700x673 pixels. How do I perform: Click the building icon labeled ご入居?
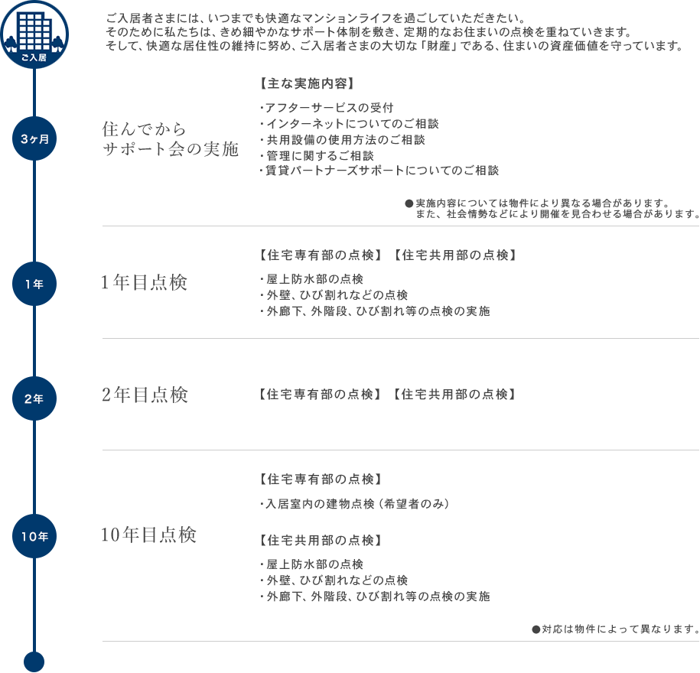tap(34, 34)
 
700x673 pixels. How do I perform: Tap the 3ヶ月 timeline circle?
tap(34, 138)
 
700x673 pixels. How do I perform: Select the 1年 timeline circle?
tap(34, 284)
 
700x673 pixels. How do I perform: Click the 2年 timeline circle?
tap(34, 398)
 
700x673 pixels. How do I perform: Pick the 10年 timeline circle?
tap(34, 536)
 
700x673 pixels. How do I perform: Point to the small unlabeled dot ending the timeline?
tap(34, 662)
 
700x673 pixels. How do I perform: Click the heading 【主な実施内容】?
tap(307, 83)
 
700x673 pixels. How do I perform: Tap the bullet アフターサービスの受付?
tap(327, 108)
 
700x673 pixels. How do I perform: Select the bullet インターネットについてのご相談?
tap(349, 124)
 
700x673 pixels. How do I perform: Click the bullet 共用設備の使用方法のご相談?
tap(342, 140)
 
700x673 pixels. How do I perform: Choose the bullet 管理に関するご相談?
tap(317, 156)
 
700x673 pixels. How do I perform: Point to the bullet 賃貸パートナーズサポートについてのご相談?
tap(379, 171)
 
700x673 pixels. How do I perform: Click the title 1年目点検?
tap(144, 282)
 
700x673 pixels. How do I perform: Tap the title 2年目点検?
tap(145, 395)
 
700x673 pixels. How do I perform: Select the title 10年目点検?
tap(148, 535)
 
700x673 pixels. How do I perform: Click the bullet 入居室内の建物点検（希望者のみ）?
tap(354, 504)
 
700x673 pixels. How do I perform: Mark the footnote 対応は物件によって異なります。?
tap(616, 629)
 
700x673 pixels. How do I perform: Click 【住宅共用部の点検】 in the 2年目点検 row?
tap(454, 394)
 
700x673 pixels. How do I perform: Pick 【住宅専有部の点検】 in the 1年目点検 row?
tap(321, 255)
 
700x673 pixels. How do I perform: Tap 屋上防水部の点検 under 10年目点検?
tap(311, 564)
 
